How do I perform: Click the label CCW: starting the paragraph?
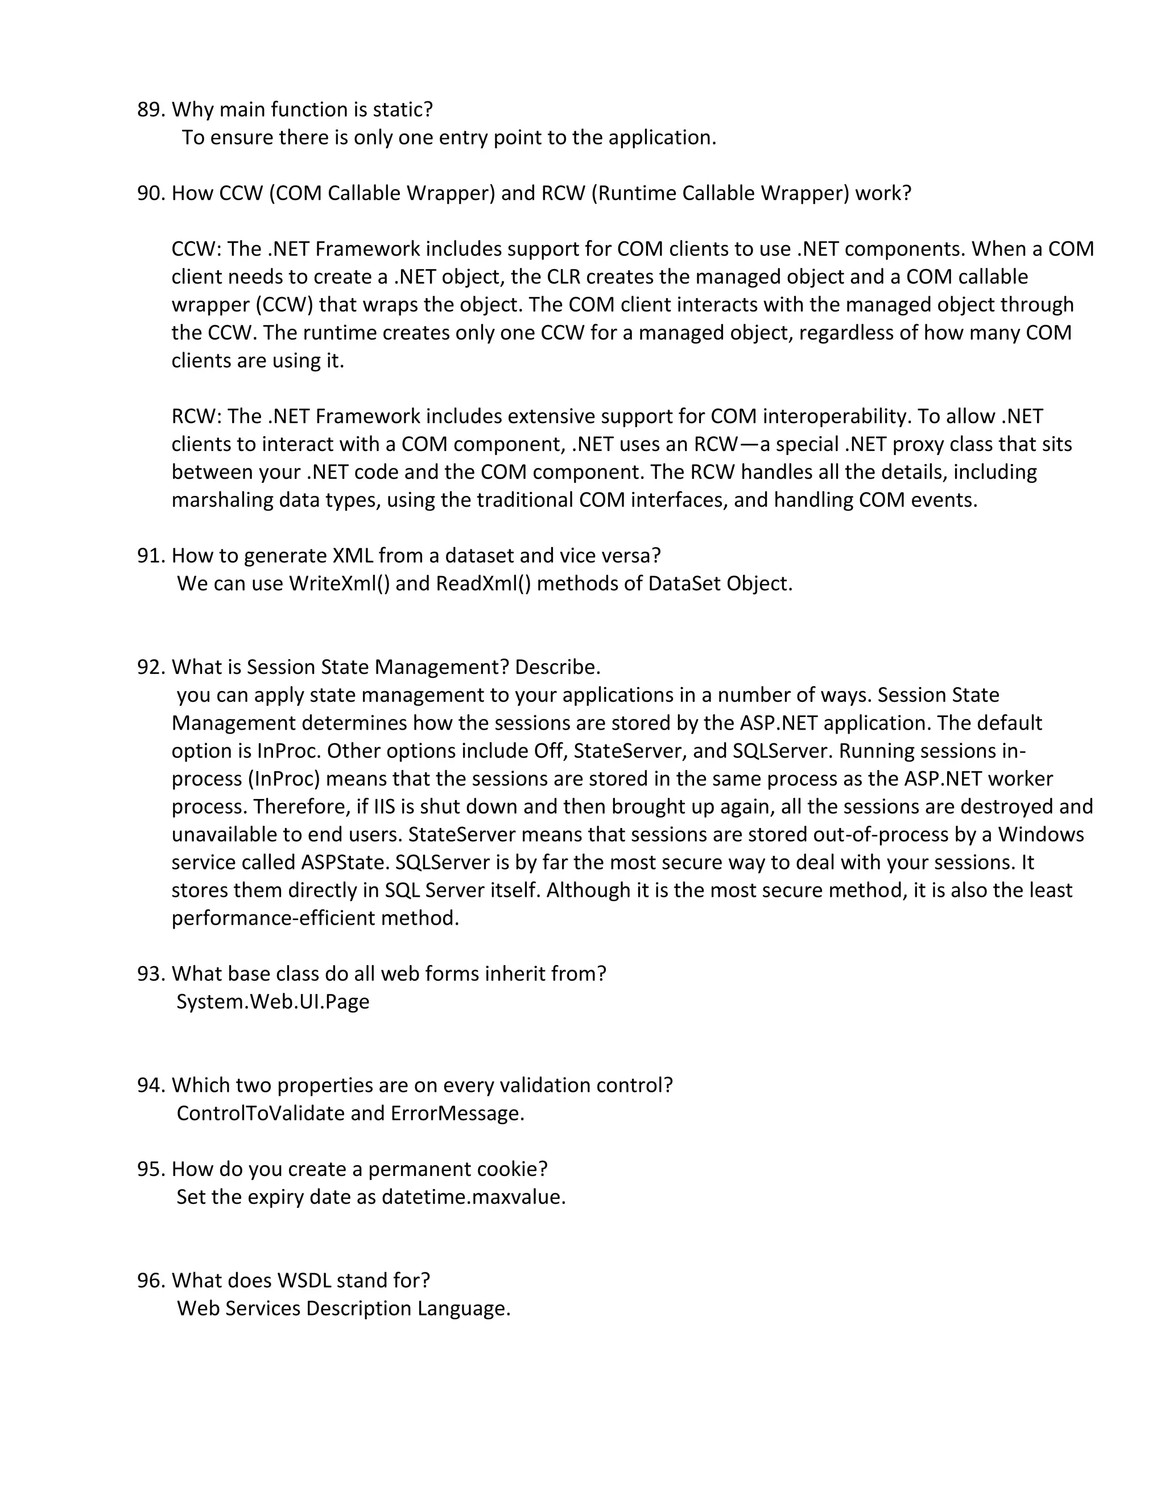click(197, 249)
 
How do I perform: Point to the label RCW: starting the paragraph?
click(197, 417)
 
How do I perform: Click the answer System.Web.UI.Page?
click(272, 1002)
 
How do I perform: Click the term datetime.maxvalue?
click(473, 1197)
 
